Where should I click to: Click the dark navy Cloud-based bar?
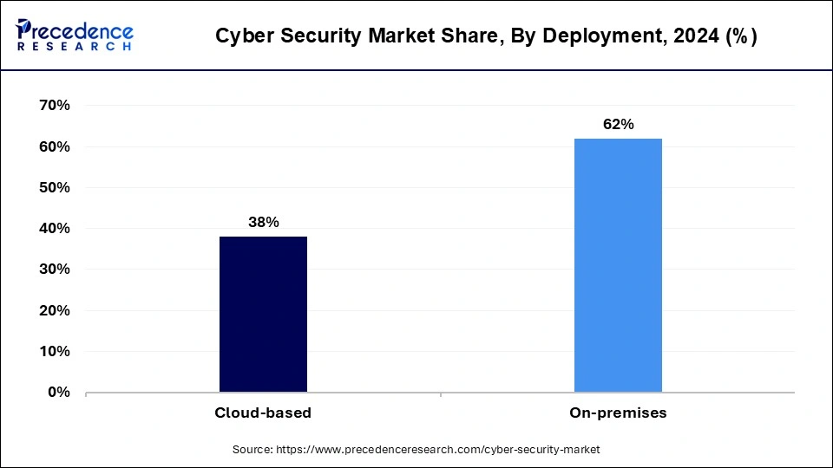point(263,314)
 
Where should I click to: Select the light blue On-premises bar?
point(618,265)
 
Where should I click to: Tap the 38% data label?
point(263,223)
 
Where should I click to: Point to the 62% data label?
point(618,125)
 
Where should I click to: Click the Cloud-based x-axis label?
point(263,413)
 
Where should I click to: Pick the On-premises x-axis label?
point(618,413)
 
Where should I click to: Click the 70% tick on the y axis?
point(53,106)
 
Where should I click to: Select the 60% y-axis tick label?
point(53,146)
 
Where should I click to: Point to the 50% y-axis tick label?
point(53,187)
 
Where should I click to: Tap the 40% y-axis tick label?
point(53,229)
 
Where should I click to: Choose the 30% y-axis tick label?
point(53,270)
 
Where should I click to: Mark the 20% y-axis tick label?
point(53,310)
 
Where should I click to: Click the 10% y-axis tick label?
point(53,352)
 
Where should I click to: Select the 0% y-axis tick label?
point(57,393)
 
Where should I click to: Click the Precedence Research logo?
point(75,36)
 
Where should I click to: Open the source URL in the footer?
point(437,450)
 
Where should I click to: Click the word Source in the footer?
point(253,450)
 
